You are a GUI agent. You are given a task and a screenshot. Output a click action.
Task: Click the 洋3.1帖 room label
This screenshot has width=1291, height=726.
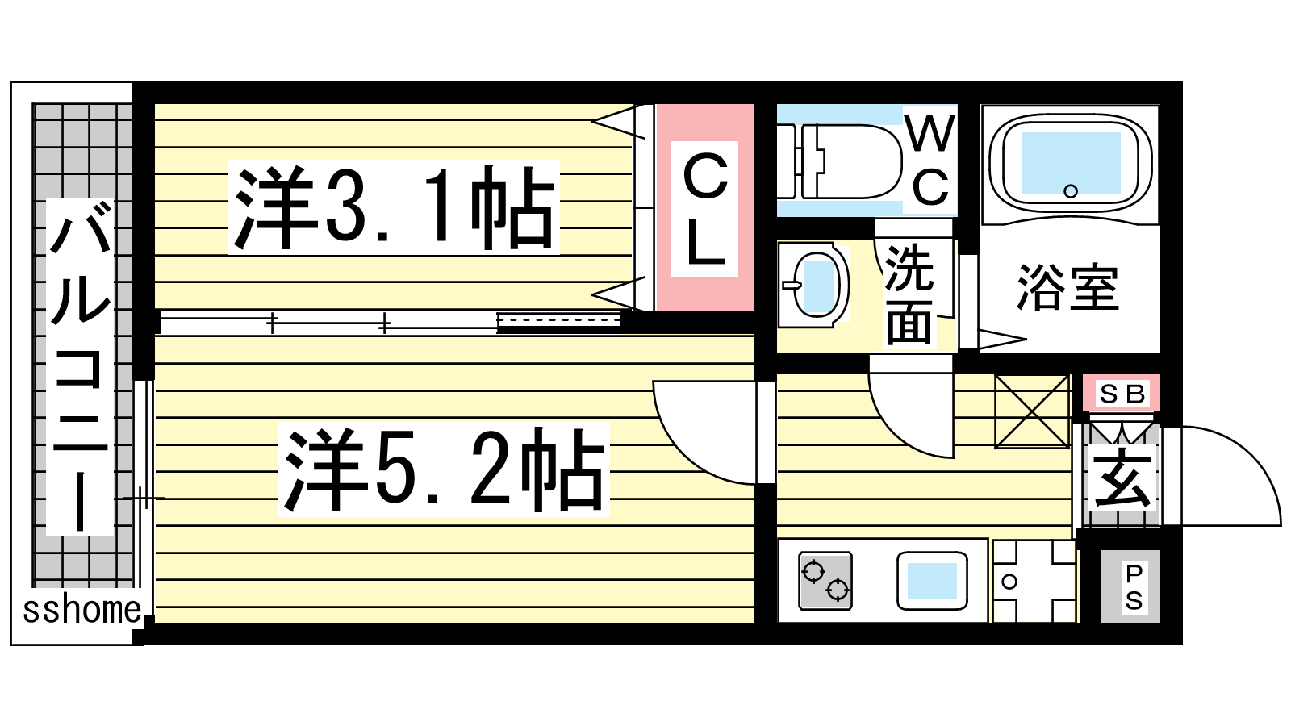[395, 207]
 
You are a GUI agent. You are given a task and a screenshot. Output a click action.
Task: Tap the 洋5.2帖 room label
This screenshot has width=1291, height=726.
[444, 469]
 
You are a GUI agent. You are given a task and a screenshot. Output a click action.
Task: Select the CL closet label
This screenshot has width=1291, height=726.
[704, 209]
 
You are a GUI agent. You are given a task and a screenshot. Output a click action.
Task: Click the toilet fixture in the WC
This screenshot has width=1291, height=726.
[839, 161]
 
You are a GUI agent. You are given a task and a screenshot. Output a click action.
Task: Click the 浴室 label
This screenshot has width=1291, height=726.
[1067, 287]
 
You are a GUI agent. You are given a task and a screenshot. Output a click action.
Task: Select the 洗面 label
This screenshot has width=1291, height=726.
[909, 294]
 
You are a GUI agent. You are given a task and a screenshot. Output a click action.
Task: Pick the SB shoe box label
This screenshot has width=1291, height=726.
[1122, 394]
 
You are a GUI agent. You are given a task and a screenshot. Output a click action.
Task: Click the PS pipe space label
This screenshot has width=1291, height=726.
[1133, 587]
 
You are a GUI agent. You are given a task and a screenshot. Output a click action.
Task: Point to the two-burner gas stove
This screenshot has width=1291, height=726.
[825, 581]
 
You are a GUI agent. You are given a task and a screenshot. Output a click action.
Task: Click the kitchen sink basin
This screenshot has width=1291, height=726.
[932, 581]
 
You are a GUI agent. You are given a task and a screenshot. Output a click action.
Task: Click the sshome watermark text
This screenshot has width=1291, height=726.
[81, 610]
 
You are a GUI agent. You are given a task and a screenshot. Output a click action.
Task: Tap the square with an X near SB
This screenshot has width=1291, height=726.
[1032, 411]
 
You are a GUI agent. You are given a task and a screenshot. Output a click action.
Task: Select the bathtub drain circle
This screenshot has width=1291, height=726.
[1070, 190]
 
